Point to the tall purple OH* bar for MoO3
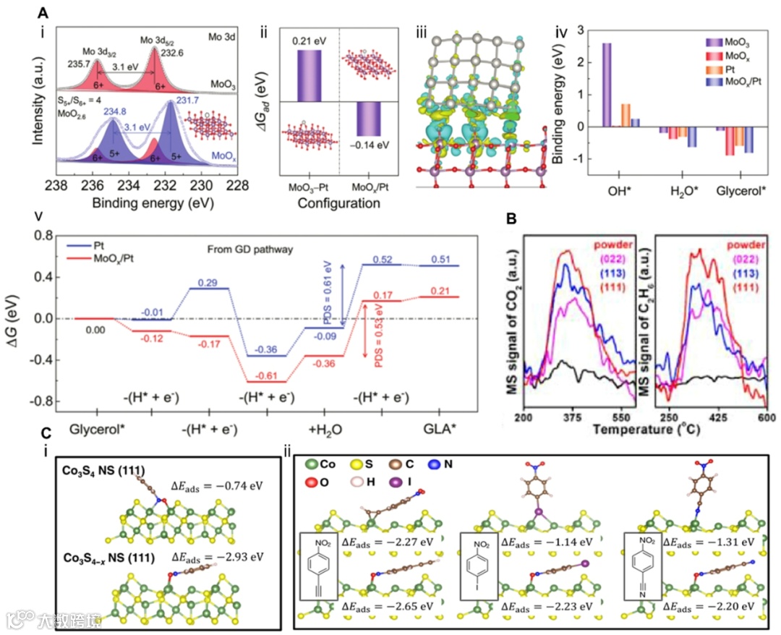click(607, 85)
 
